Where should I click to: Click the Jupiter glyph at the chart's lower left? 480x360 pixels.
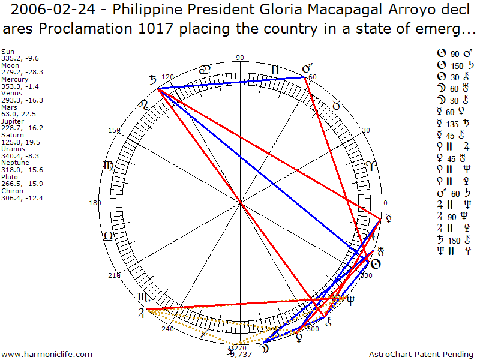click(x=141, y=312)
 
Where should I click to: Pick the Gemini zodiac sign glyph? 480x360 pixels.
click(x=275, y=71)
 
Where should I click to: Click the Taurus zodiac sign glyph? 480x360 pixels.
click(x=336, y=106)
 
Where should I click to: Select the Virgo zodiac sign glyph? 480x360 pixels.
click(x=109, y=165)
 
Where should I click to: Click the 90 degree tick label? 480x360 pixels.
click(x=240, y=58)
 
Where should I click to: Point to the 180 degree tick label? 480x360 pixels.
click(x=94, y=203)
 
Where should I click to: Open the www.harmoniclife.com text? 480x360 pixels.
click(x=47, y=355)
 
